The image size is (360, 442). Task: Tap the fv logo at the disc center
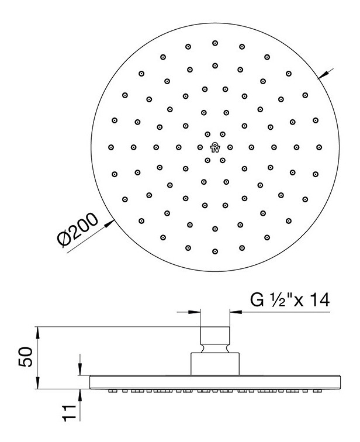pyautogui.click(x=215, y=146)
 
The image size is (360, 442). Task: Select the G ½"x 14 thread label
pyautogui.click(x=290, y=301)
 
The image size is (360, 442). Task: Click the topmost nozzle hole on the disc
pyautogui.click(x=215, y=43)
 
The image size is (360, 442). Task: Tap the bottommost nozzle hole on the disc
pyautogui.click(x=215, y=251)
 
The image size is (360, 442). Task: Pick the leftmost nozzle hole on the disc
pyautogui.click(x=110, y=147)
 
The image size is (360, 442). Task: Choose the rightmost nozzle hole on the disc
pyautogui.click(x=319, y=147)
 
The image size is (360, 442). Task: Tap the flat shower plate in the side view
pyautogui.click(x=215, y=381)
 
